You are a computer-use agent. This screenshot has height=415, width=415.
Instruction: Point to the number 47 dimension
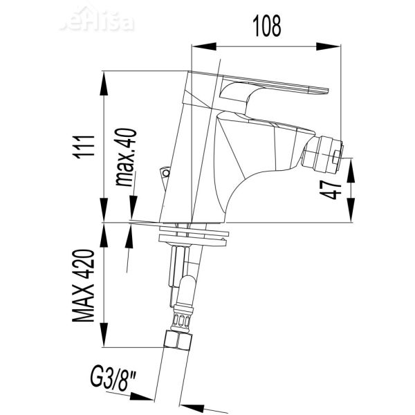click(334, 187)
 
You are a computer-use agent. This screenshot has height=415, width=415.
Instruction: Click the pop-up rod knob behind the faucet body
click(165, 173)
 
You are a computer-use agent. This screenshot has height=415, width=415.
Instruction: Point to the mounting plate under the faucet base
click(193, 239)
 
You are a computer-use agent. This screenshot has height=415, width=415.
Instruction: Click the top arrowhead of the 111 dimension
click(104, 77)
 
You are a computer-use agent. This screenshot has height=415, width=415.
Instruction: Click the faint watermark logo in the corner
click(97, 21)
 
